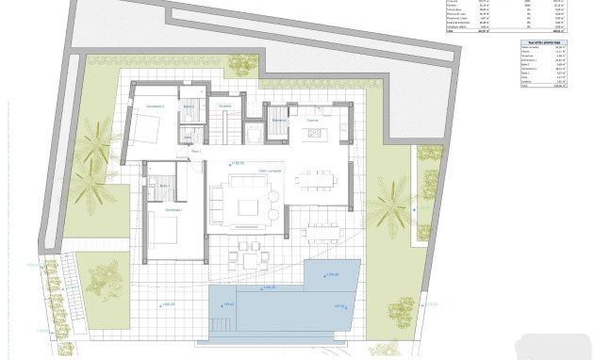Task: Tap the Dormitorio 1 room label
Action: [x=173, y=209]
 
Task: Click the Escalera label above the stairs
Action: [x=224, y=106]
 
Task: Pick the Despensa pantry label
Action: [x=279, y=121]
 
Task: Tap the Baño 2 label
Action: [x=189, y=106]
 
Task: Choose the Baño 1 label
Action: [x=163, y=186]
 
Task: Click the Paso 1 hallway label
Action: [x=196, y=151]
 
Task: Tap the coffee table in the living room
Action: [x=250, y=205]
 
